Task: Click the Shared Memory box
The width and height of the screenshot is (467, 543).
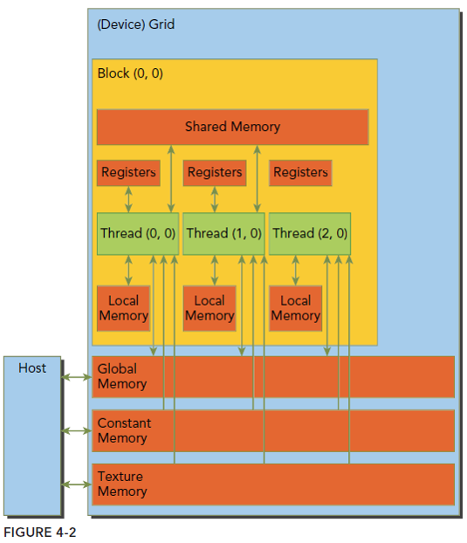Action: tap(232, 127)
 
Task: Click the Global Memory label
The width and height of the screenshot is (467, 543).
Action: tap(122, 376)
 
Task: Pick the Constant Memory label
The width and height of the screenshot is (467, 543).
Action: tap(124, 430)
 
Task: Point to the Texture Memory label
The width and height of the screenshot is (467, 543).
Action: tap(122, 484)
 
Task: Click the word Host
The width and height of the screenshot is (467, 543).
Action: tap(33, 368)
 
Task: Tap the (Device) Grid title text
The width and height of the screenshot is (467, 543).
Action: tap(135, 24)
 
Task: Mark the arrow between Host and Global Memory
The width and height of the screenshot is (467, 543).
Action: tap(76, 377)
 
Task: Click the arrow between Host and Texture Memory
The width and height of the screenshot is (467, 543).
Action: tap(76, 484)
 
